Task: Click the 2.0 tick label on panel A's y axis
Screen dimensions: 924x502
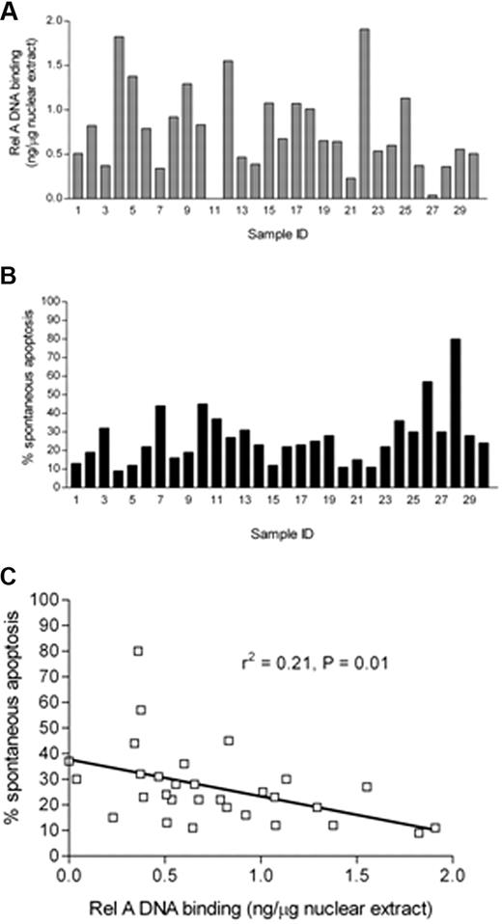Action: coord(54,20)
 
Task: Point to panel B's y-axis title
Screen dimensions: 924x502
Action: coord(17,395)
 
